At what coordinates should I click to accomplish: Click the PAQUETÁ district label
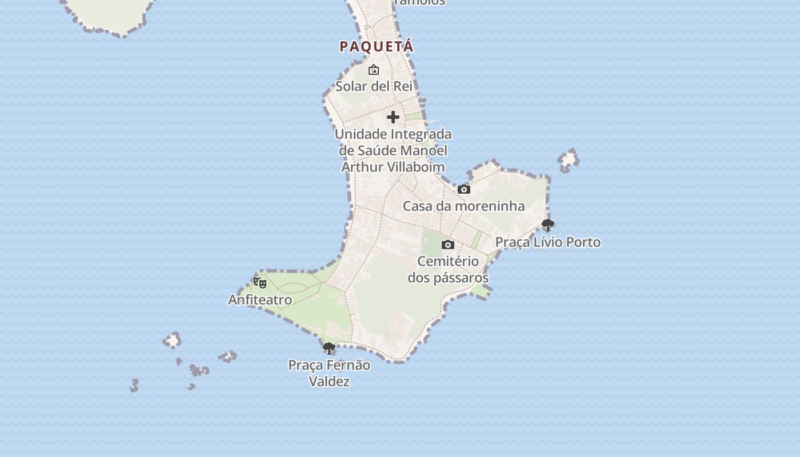(376, 46)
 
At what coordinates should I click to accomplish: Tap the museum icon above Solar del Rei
(374, 70)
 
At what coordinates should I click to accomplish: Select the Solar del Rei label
(374, 86)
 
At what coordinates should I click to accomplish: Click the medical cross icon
(393, 117)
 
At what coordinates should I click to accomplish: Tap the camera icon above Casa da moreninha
(464, 189)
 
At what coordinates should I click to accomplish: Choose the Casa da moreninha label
(463, 206)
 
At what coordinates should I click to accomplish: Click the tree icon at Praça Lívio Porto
(547, 225)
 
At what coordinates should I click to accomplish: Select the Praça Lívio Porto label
(547, 242)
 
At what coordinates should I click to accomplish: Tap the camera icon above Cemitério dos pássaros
(448, 245)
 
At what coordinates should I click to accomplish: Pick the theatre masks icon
(260, 282)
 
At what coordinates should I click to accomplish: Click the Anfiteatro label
(260, 299)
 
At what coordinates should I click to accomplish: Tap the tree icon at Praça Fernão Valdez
(329, 348)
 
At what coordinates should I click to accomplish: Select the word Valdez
(329, 381)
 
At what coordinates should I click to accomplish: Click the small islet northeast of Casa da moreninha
(568, 160)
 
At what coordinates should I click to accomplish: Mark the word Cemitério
(448, 261)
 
